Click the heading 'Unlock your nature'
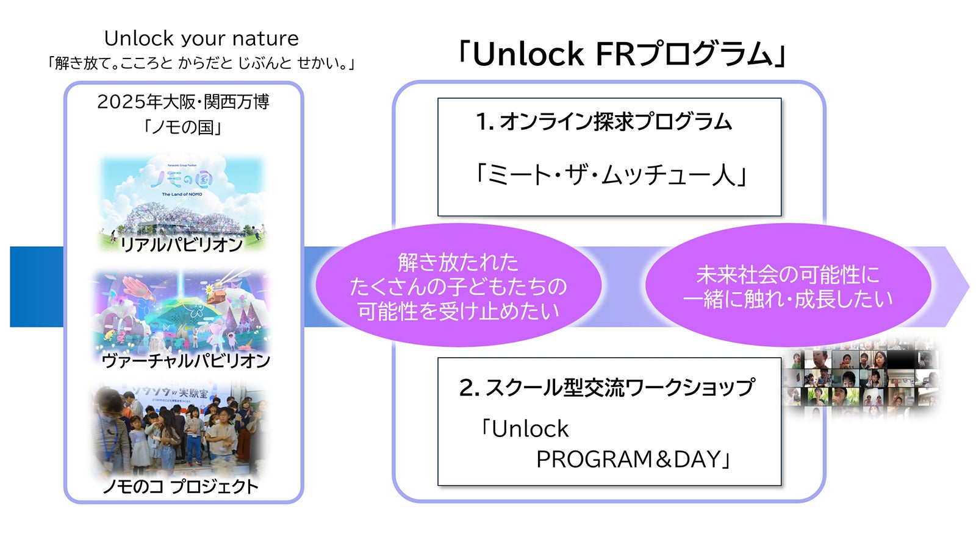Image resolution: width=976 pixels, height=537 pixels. click(201, 38)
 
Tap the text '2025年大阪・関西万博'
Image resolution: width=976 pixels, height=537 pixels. click(183, 101)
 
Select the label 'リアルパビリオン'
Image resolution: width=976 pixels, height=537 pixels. click(182, 244)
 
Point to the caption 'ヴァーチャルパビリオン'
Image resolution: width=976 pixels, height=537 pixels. click(185, 360)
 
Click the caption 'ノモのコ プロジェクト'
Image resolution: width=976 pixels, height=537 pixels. click(181, 486)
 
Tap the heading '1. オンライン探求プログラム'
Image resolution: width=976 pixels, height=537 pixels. click(604, 122)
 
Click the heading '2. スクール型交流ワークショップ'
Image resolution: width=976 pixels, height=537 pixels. click(607, 388)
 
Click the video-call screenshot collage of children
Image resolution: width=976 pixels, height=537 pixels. click(860, 378)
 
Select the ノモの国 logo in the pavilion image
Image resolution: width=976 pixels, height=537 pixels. click(182, 180)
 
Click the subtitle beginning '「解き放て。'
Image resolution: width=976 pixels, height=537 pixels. click(201, 63)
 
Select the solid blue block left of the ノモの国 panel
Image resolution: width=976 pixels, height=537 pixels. click(37, 286)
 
